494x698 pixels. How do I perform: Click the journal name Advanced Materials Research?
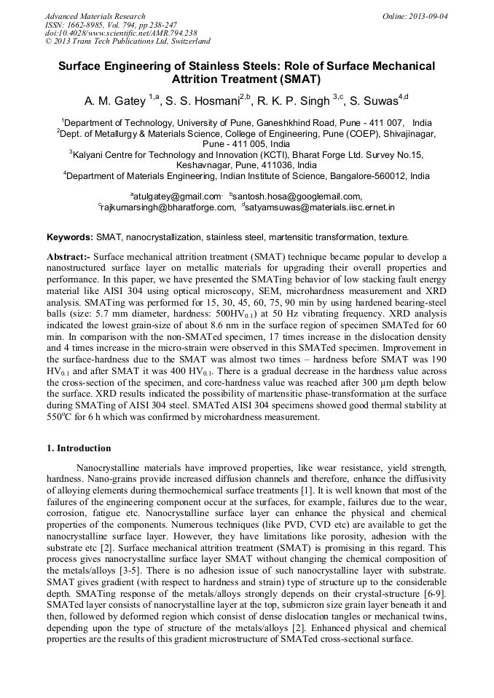[x=95, y=16]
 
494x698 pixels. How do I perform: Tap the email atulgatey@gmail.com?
[x=176, y=196]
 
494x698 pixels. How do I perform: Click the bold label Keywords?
[x=70, y=237]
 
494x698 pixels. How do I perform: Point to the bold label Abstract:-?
[x=68, y=258]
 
